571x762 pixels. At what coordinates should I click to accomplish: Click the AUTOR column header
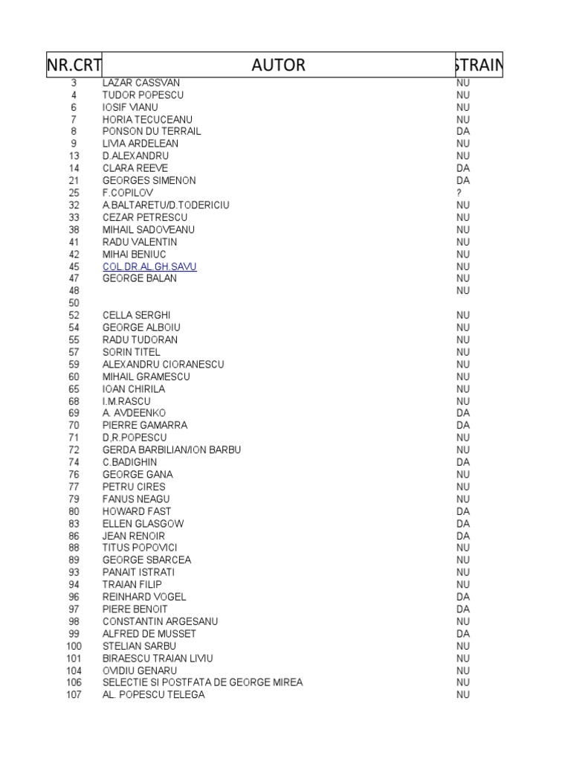pos(278,65)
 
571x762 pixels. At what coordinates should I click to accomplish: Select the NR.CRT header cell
pos(74,65)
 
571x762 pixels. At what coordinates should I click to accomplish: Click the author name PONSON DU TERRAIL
pos(152,132)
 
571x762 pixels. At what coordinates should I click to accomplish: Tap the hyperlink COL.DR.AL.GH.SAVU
pos(149,266)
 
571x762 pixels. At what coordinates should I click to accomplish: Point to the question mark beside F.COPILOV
pos(459,193)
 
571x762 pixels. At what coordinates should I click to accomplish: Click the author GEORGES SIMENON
pos(149,181)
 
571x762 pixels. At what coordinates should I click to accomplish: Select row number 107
pos(74,695)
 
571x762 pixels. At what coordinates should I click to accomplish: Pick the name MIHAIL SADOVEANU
pos(149,230)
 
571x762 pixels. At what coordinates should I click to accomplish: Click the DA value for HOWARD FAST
pos(463,511)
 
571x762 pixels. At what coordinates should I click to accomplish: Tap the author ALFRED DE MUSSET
pos(149,634)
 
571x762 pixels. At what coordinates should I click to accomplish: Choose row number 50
pos(74,303)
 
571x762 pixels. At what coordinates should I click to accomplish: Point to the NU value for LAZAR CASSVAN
pos(463,83)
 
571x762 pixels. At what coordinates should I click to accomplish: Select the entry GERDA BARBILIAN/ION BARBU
pos(172,450)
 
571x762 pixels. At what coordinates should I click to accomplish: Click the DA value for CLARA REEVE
pos(463,168)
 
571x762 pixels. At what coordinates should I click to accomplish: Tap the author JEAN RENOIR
pos(134,536)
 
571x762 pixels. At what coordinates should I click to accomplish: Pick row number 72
pos(74,450)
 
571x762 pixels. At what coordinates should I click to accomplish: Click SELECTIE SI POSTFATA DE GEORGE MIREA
pos(203,682)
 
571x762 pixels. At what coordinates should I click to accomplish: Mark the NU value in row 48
pos(463,291)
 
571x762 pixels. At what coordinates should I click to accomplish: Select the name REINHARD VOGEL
pos(144,597)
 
